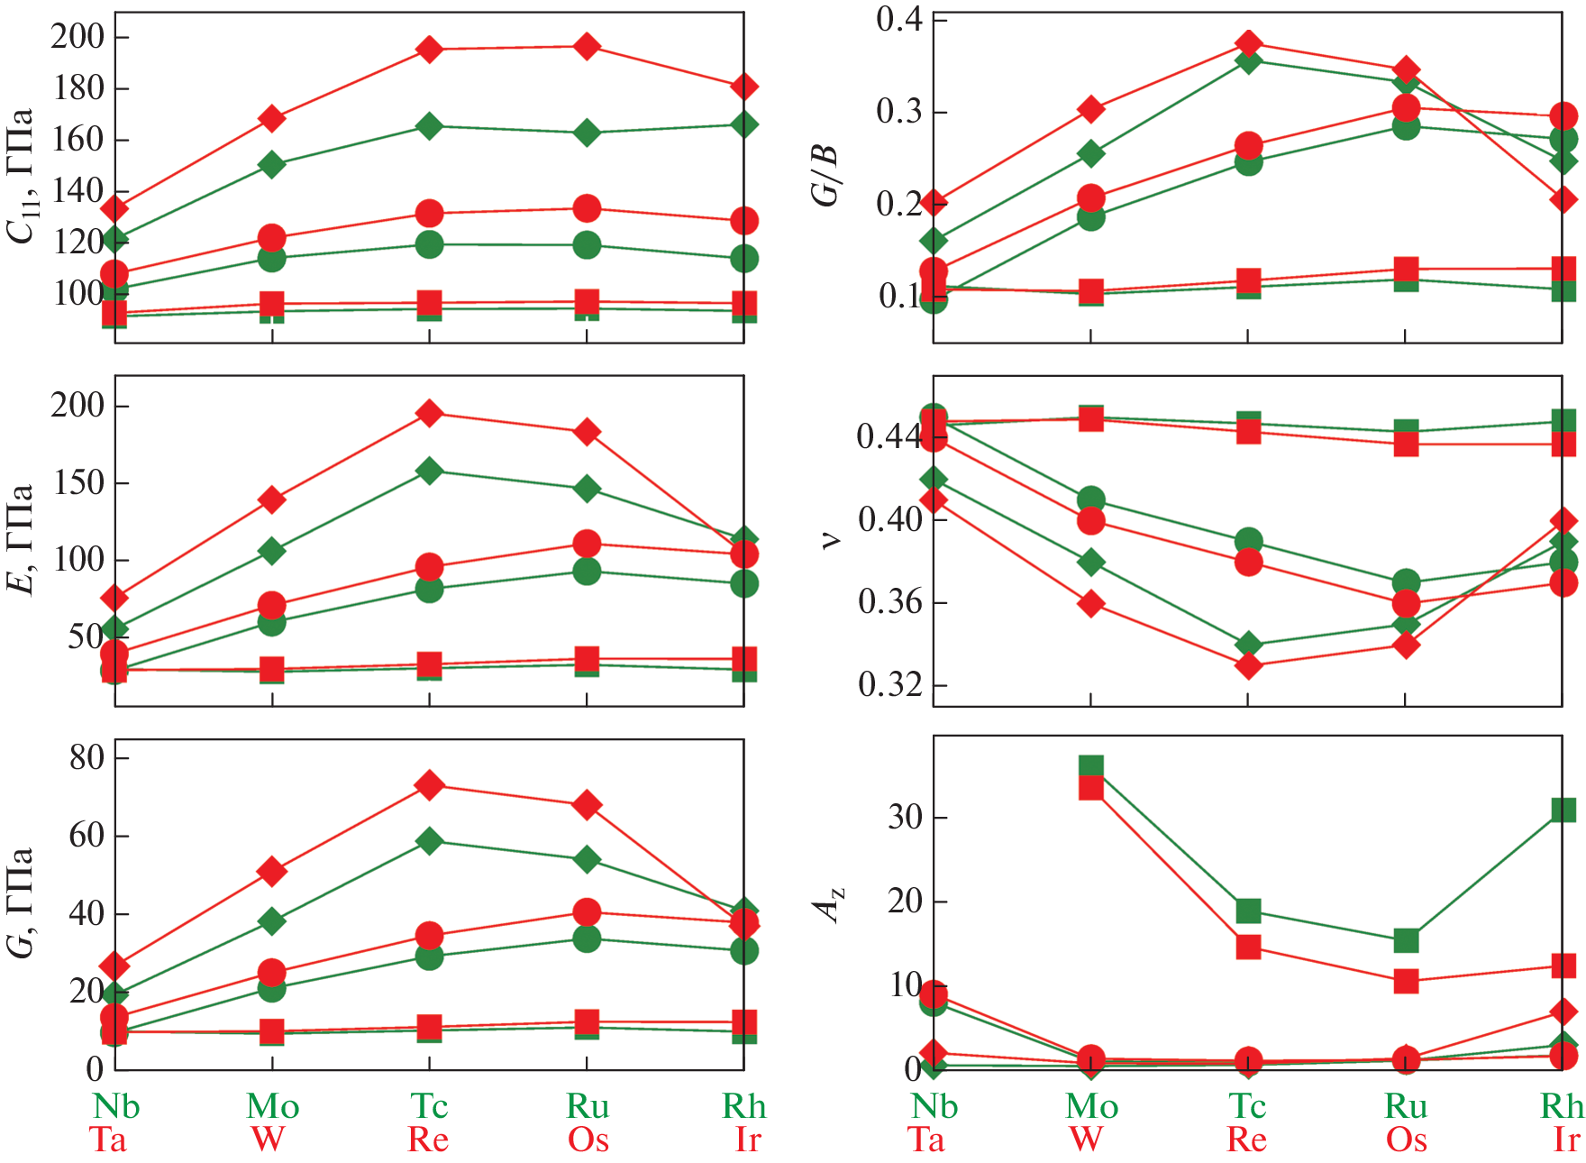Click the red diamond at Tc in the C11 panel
(x=430, y=50)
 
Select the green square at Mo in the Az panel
(x=1091, y=768)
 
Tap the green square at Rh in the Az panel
(x=1563, y=810)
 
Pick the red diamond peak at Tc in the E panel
(x=430, y=414)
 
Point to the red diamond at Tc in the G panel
(x=430, y=785)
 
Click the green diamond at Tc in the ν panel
(x=1248, y=645)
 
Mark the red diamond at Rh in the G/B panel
(x=1563, y=199)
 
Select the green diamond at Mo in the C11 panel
(x=272, y=165)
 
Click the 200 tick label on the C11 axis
(x=77, y=37)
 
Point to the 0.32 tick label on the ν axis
(x=890, y=685)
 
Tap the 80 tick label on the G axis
(x=87, y=757)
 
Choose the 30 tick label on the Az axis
(x=905, y=818)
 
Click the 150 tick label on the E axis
(x=77, y=482)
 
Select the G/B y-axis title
(x=825, y=176)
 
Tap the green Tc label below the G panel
(x=429, y=1106)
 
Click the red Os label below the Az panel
(x=1406, y=1140)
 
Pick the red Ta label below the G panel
(x=108, y=1140)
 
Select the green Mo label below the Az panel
(x=1091, y=1106)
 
